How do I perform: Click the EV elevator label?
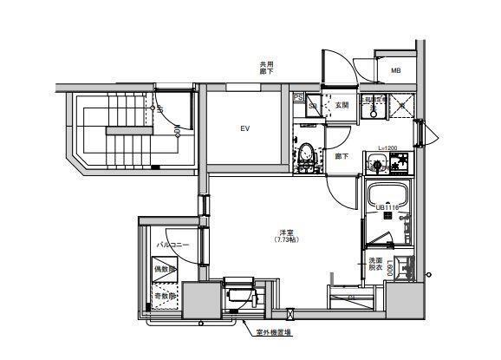tap(245, 129)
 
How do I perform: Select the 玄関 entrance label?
tap(341, 106)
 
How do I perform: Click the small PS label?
tap(297, 97)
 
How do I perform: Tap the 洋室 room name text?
tap(285, 232)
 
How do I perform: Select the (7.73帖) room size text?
tap(285, 241)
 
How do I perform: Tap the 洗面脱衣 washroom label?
tap(375, 265)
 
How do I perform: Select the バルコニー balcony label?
tap(168, 245)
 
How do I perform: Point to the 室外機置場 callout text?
tap(273, 332)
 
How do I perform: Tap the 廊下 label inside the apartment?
tap(342, 156)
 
